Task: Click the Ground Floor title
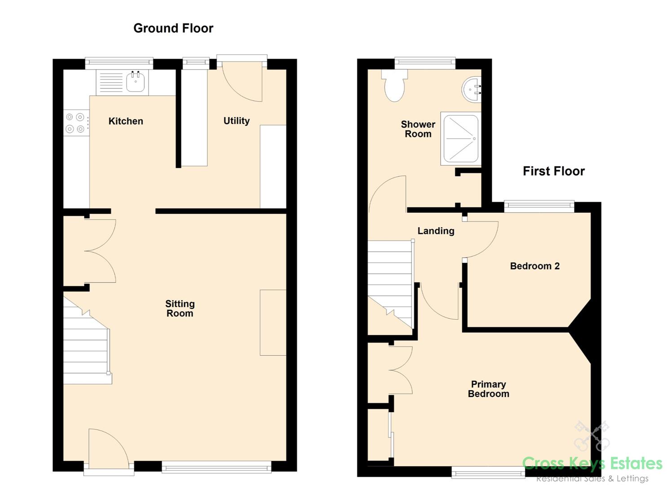click(173, 28)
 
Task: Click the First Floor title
click(553, 171)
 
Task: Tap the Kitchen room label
click(126, 121)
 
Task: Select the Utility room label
click(236, 121)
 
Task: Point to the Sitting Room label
click(180, 309)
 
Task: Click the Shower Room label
click(418, 129)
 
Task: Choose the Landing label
click(436, 231)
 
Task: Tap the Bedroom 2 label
click(534, 266)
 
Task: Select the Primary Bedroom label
click(488, 389)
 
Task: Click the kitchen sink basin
click(136, 82)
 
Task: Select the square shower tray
click(460, 138)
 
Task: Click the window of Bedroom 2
click(539, 207)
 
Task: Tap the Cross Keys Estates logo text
click(592, 463)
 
